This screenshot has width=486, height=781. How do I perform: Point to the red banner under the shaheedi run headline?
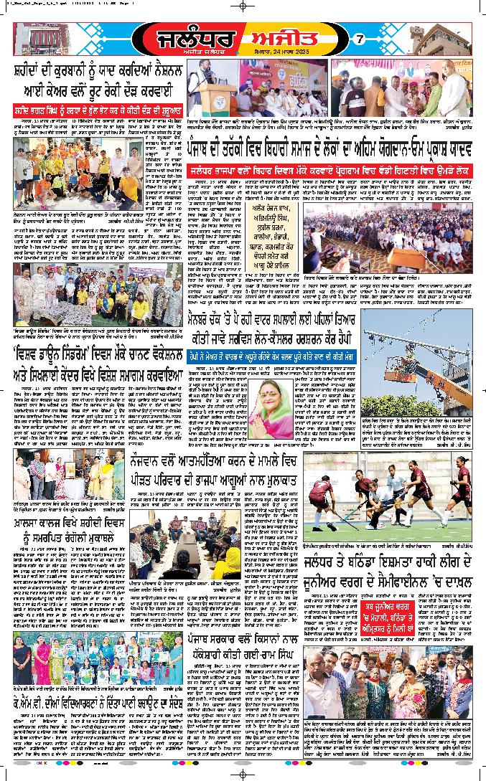(97, 111)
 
